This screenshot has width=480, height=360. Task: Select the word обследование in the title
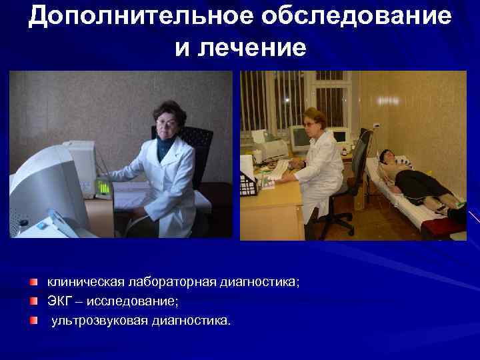tap(357, 17)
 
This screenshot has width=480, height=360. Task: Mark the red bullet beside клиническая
tap(34, 283)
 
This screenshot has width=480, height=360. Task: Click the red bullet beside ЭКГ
tap(34, 302)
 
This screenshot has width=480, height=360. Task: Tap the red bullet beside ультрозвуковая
tap(34, 321)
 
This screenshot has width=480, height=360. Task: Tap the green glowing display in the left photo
tap(103, 187)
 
